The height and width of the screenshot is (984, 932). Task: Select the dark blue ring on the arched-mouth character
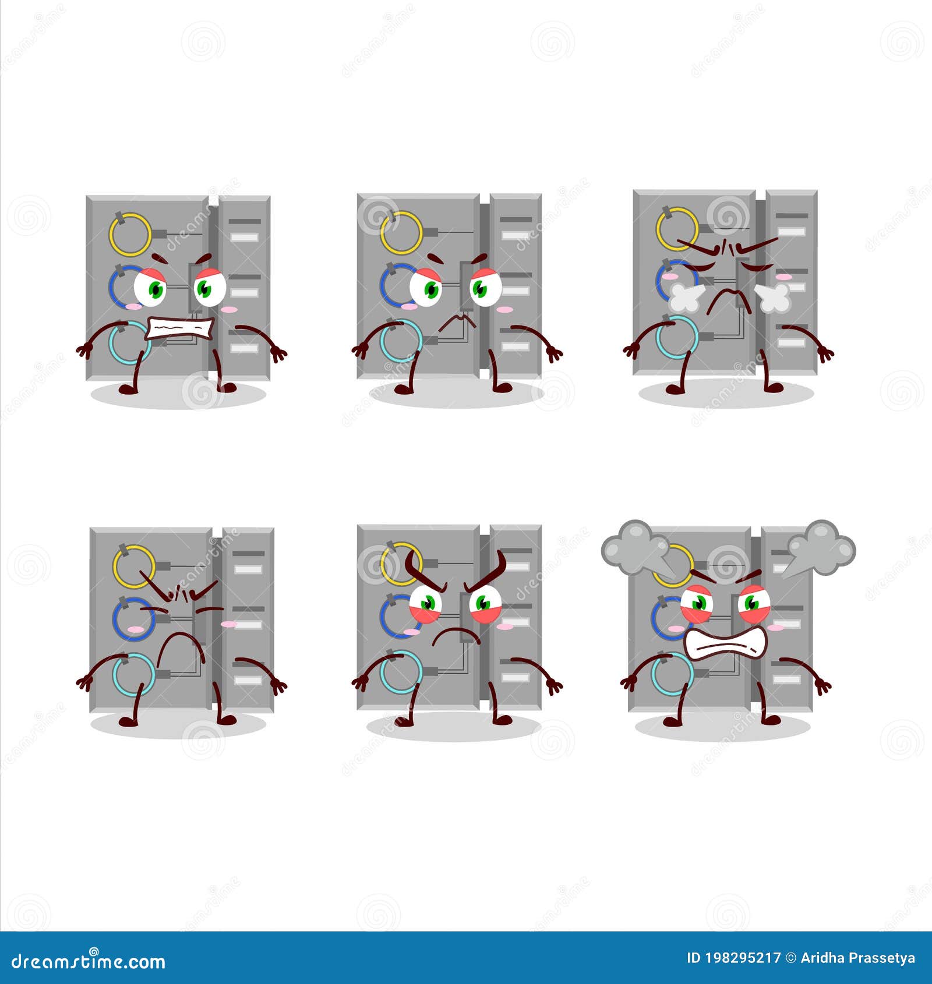click(x=133, y=619)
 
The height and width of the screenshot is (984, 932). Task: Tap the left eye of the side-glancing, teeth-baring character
click(x=150, y=287)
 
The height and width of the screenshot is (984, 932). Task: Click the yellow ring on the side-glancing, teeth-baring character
click(x=130, y=234)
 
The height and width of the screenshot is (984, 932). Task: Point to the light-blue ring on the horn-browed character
click(x=401, y=671)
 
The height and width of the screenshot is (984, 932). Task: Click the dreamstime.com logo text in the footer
click(x=89, y=961)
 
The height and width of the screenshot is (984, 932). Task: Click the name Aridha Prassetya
click(x=857, y=958)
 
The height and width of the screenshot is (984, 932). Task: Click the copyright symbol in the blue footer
click(x=790, y=958)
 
